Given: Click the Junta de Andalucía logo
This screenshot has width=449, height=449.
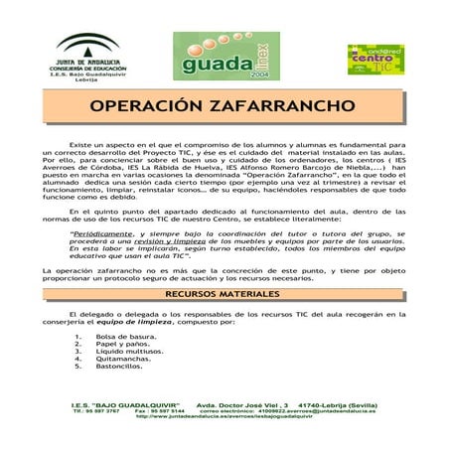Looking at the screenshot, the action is [78, 52].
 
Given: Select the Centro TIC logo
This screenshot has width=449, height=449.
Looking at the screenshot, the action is [374, 60].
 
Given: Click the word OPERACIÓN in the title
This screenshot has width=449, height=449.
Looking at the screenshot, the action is [157, 106].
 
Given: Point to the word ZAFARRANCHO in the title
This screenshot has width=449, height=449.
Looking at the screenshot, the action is [288, 106].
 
